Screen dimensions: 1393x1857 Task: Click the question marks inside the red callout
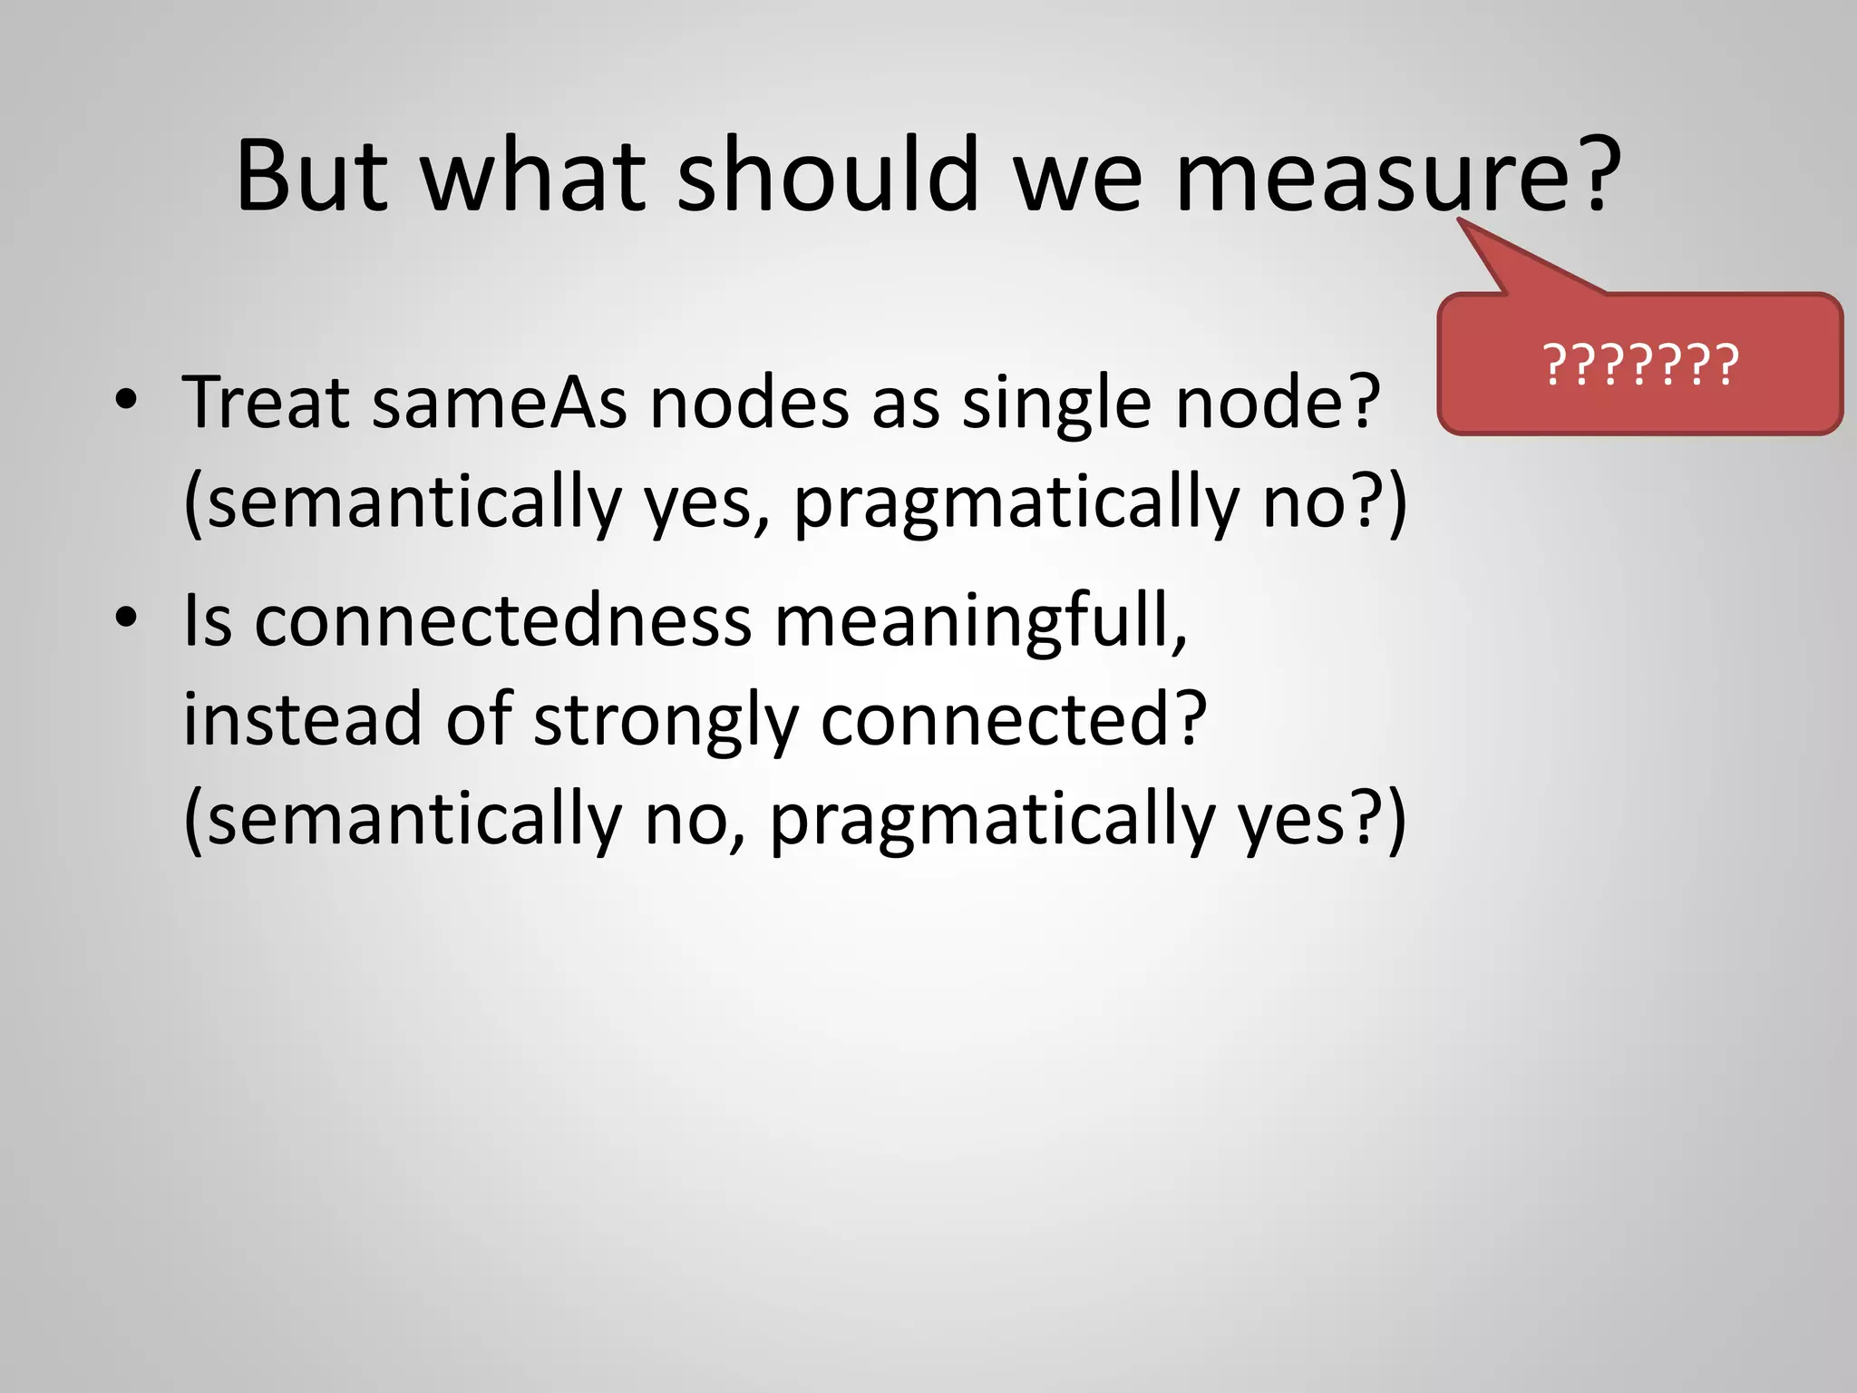click(x=1640, y=365)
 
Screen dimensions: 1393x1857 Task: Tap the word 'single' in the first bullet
click(x=1057, y=404)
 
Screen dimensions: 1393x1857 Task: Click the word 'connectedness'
click(x=502, y=620)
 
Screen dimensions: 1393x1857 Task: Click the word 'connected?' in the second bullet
click(x=1014, y=718)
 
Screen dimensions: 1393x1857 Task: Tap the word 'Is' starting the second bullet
click(x=208, y=620)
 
